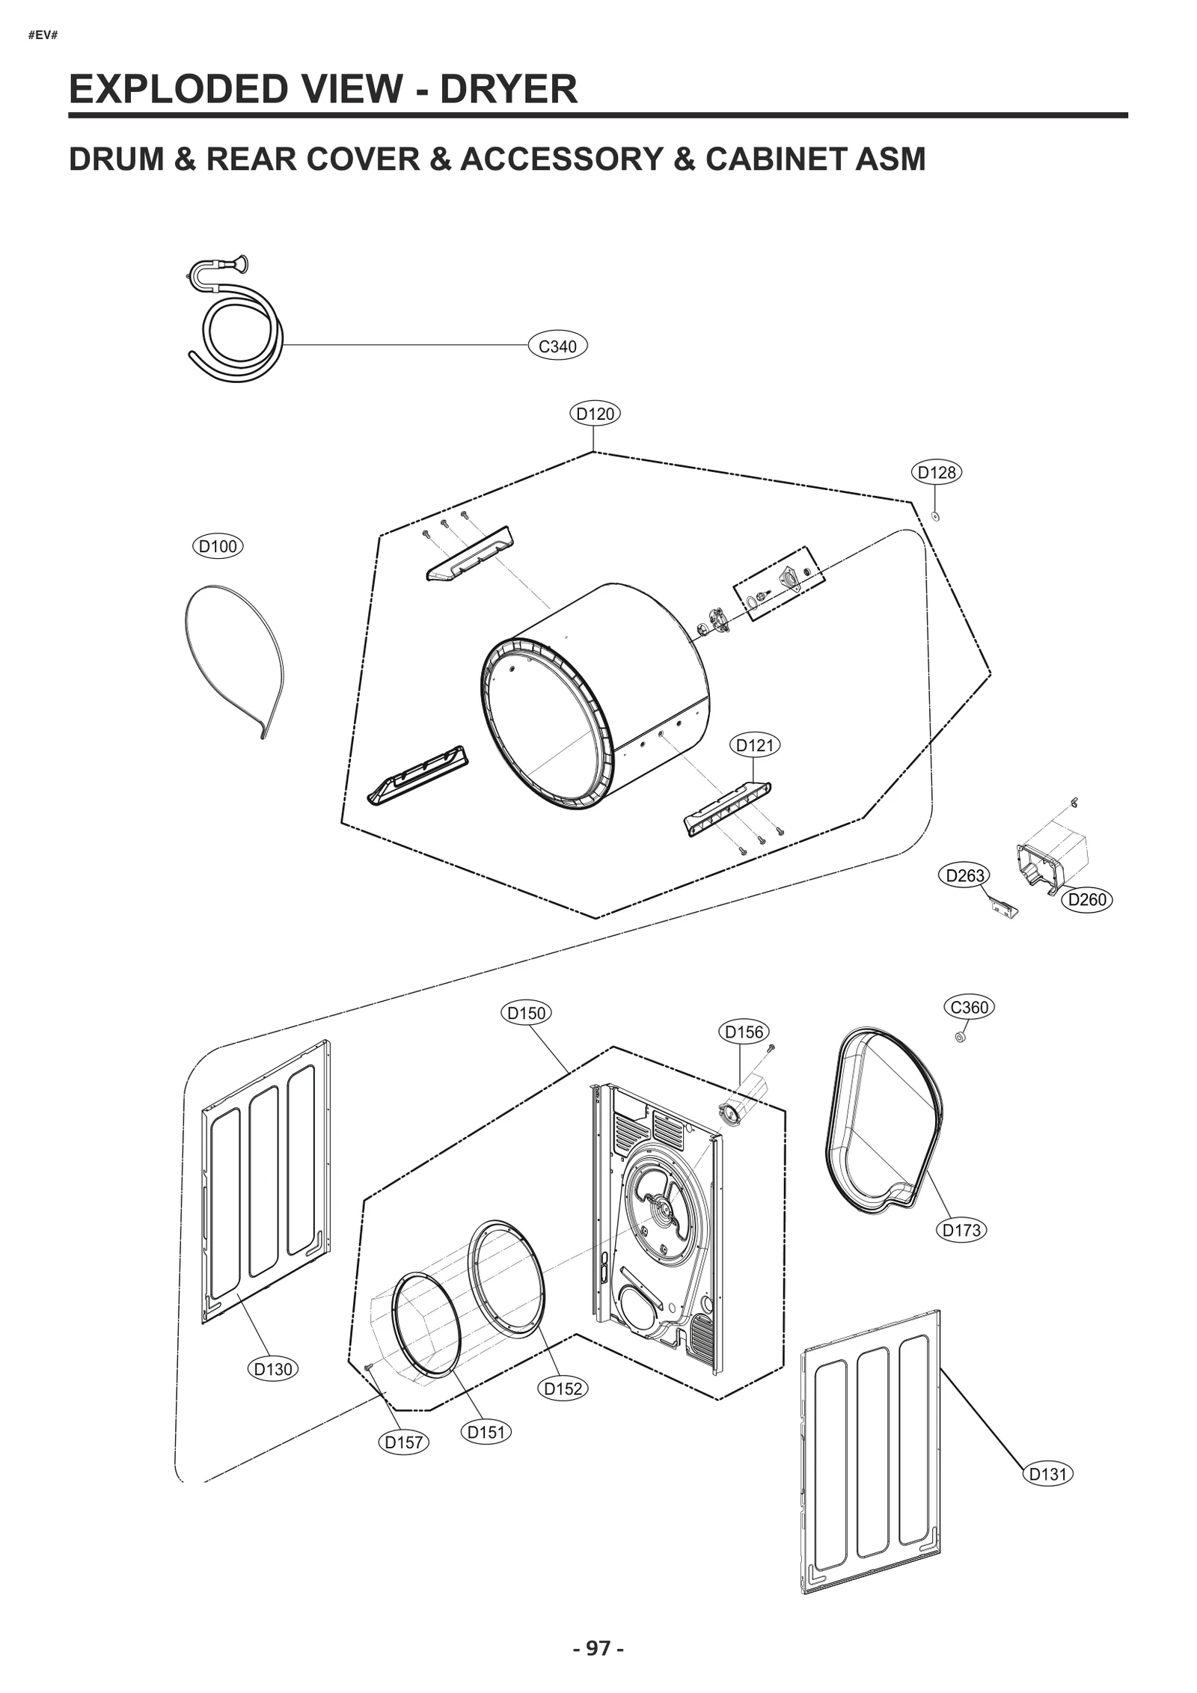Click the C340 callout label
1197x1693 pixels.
(557, 346)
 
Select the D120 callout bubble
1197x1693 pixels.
(596, 413)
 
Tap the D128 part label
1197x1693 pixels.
(937, 472)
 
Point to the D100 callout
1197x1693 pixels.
(218, 546)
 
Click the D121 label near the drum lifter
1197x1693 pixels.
(754, 745)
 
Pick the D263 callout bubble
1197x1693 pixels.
(964, 875)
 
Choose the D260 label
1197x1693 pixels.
(1086, 899)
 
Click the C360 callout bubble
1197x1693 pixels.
(969, 1007)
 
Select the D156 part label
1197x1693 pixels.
(744, 1032)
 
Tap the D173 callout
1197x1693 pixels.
(961, 1230)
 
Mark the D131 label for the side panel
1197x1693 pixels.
(1047, 1474)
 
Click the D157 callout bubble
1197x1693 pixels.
(404, 1442)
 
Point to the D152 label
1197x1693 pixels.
(563, 1389)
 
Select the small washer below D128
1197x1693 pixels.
(935, 515)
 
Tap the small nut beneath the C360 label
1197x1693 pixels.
(960, 1037)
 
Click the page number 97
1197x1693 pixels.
(598, 1648)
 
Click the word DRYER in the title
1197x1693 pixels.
(508, 89)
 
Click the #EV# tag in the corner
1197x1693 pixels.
(43, 34)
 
